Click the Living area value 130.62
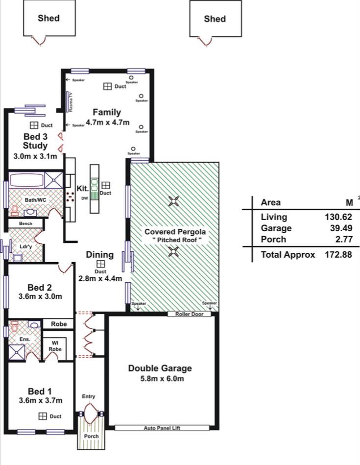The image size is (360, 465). click(x=338, y=217)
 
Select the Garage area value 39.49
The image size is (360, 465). click(x=341, y=228)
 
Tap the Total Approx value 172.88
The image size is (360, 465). click(x=338, y=254)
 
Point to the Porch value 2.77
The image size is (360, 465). click(x=344, y=239)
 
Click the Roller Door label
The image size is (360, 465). click(x=189, y=314)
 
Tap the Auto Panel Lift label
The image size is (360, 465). click(x=162, y=428)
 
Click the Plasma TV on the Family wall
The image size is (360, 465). click(x=67, y=101)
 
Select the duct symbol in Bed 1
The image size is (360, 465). click(x=43, y=416)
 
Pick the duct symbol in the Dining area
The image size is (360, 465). click(x=100, y=264)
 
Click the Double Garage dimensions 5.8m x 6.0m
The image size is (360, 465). click(x=162, y=378)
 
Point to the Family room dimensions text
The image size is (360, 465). click(x=108, y=122)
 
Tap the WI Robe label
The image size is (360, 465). click(x=55, y=346)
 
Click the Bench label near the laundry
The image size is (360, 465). click(x=25, y=223)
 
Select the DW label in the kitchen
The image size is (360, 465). click(x=85, y=198)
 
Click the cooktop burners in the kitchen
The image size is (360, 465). click(x=70, y=197)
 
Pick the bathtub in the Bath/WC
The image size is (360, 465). click(x=26, y=180)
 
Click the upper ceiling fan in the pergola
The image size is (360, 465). click(x=173, y=201)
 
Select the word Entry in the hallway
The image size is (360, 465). click(x=88, y=396)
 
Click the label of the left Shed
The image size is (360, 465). click(x=48, y=18)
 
